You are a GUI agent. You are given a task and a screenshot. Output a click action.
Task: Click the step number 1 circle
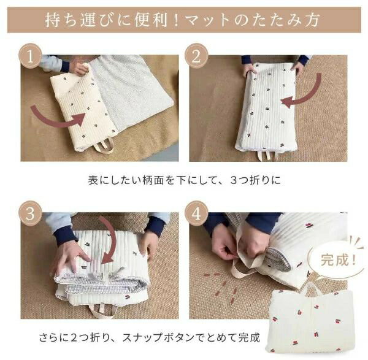pos(30,56)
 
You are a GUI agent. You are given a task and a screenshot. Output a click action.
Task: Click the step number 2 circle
pos(196,56)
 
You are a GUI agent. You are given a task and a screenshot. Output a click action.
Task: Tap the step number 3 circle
pos(30,213)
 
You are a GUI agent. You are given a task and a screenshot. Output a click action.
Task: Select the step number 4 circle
pos(196,213)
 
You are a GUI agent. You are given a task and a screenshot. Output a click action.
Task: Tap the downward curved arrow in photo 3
pos(110,237)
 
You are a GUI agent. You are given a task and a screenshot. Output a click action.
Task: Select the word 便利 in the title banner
pos(151,20)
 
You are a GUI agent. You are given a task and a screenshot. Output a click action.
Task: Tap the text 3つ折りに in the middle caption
pos(255,180)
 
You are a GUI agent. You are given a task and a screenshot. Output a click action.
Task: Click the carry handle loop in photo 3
pos(103,310)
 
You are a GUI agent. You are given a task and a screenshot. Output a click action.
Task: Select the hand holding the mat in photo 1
pos(79,66)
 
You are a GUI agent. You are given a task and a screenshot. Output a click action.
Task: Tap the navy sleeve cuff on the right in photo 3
pos(155,225)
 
